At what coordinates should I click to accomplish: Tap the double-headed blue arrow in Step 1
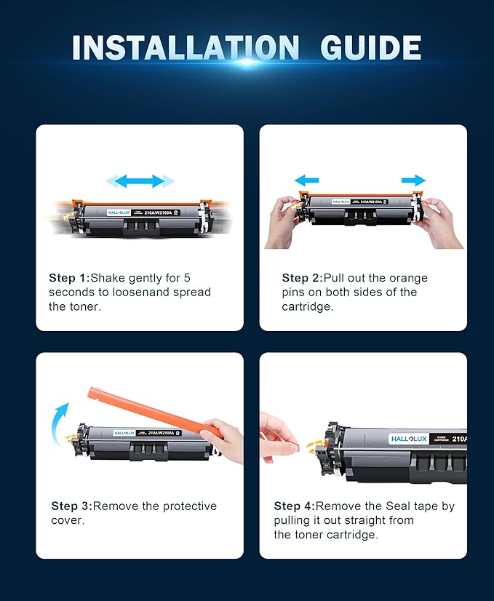pyautogui.click(x=140, y=180)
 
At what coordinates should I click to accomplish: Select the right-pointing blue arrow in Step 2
pyautogui.click(x=413, y=180)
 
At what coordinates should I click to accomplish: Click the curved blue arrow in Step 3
pyautogui.click(x=60, y=422)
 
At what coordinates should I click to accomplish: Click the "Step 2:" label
pyautogui.click(x=304, y=278)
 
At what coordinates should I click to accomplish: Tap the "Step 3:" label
pyautogui.click(x=71, y=506)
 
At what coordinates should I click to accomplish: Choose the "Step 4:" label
pyautogui.click(x=294, y=506)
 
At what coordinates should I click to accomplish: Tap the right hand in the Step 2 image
pyautogui.click(x=441, y=222)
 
